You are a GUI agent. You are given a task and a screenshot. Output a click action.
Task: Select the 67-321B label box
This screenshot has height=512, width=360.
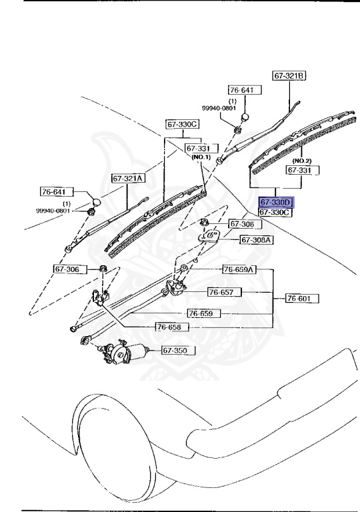[x=289, y=76]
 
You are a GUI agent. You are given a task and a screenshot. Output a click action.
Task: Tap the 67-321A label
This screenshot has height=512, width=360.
[x=129, y=179]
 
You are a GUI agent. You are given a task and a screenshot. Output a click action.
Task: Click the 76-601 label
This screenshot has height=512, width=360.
[x=303, y=298]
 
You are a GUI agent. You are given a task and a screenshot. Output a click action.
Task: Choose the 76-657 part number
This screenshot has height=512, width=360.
[x=225, y=292]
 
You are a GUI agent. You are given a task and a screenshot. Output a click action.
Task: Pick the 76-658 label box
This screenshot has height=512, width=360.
[x=173, y=327]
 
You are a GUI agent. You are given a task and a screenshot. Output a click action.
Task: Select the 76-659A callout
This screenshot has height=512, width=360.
[x=239, y=269]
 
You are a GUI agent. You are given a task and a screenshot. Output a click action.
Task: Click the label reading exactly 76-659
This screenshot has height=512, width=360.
[x=204, y=313]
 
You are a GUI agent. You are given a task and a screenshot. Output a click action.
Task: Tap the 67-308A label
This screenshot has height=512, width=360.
[x=257, y=240]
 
